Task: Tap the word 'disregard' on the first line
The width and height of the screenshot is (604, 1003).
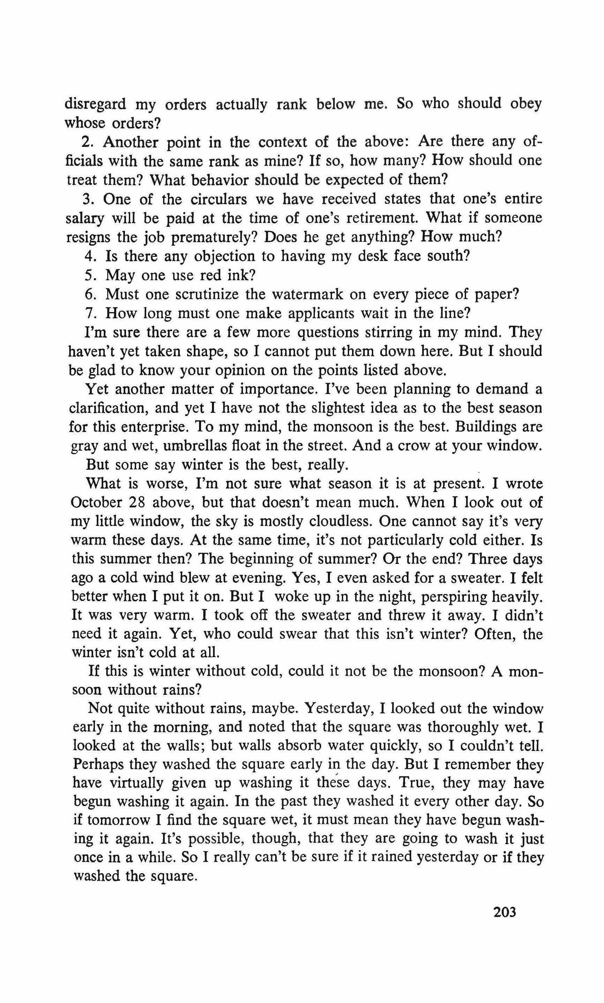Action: coord(95,105)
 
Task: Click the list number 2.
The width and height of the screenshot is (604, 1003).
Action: coord(86,143)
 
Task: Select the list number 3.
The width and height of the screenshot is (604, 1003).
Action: coord(87,200)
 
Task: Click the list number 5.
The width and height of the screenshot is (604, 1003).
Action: coord(89,276)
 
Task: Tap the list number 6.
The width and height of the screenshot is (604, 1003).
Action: coord(89,295)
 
